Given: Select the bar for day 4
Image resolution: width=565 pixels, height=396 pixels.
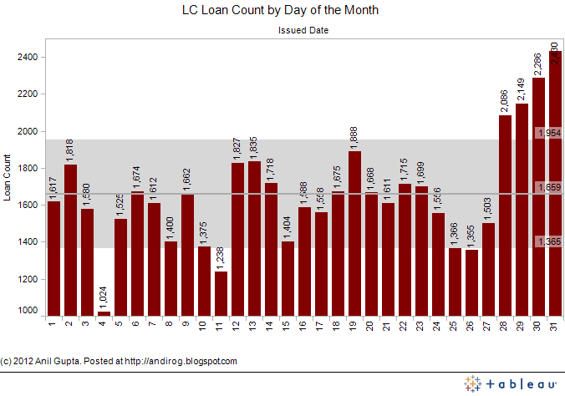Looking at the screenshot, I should pyautogui.click(x=104, y=313).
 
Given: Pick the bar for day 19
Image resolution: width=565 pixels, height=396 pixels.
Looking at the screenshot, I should pyautogui.click(x=354, y=233).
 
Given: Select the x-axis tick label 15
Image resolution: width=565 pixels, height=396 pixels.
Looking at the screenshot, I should pyautogui.click(x=288, y=324).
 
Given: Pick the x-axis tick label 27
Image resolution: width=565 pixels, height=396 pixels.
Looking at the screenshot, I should pyautogui.click(x=488, y=324).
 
